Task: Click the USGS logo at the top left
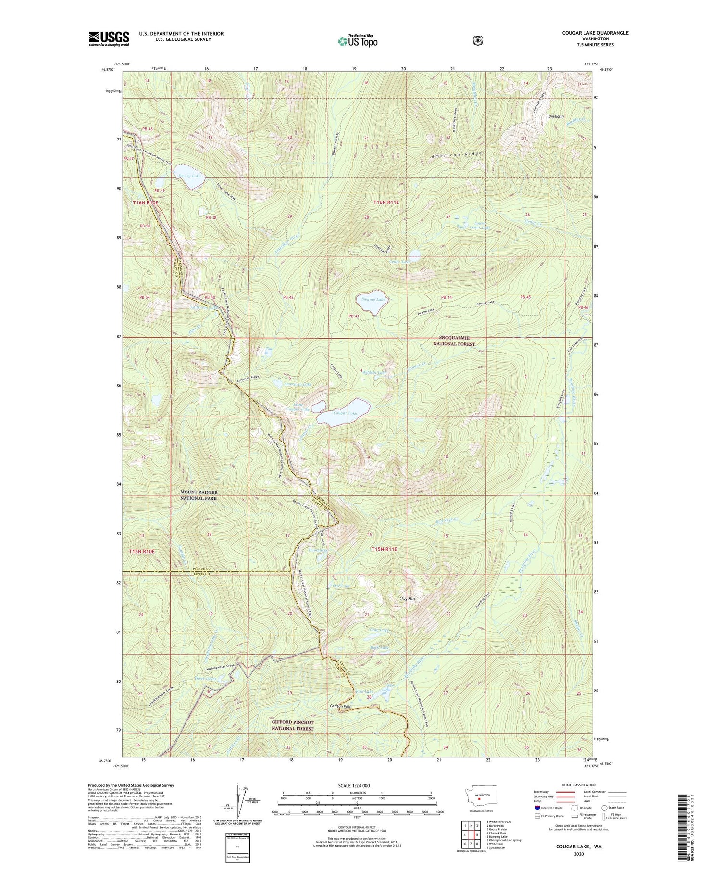pyautogui.click(x=109, y=38)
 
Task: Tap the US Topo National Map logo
pyautogui.click(x=358, y=41)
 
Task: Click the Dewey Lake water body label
pyautogui.click(x=189, y=177)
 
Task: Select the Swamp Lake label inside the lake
pyautogui.click(x=373, y=300)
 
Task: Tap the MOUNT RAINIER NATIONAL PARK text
pyautogui.click(x=199, y=495)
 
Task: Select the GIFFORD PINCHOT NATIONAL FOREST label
pyautogui.click(x=293, y=725)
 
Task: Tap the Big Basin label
pyautogui.click(x=557, y=116)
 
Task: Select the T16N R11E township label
pyautogui.click(x=386, y=202)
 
